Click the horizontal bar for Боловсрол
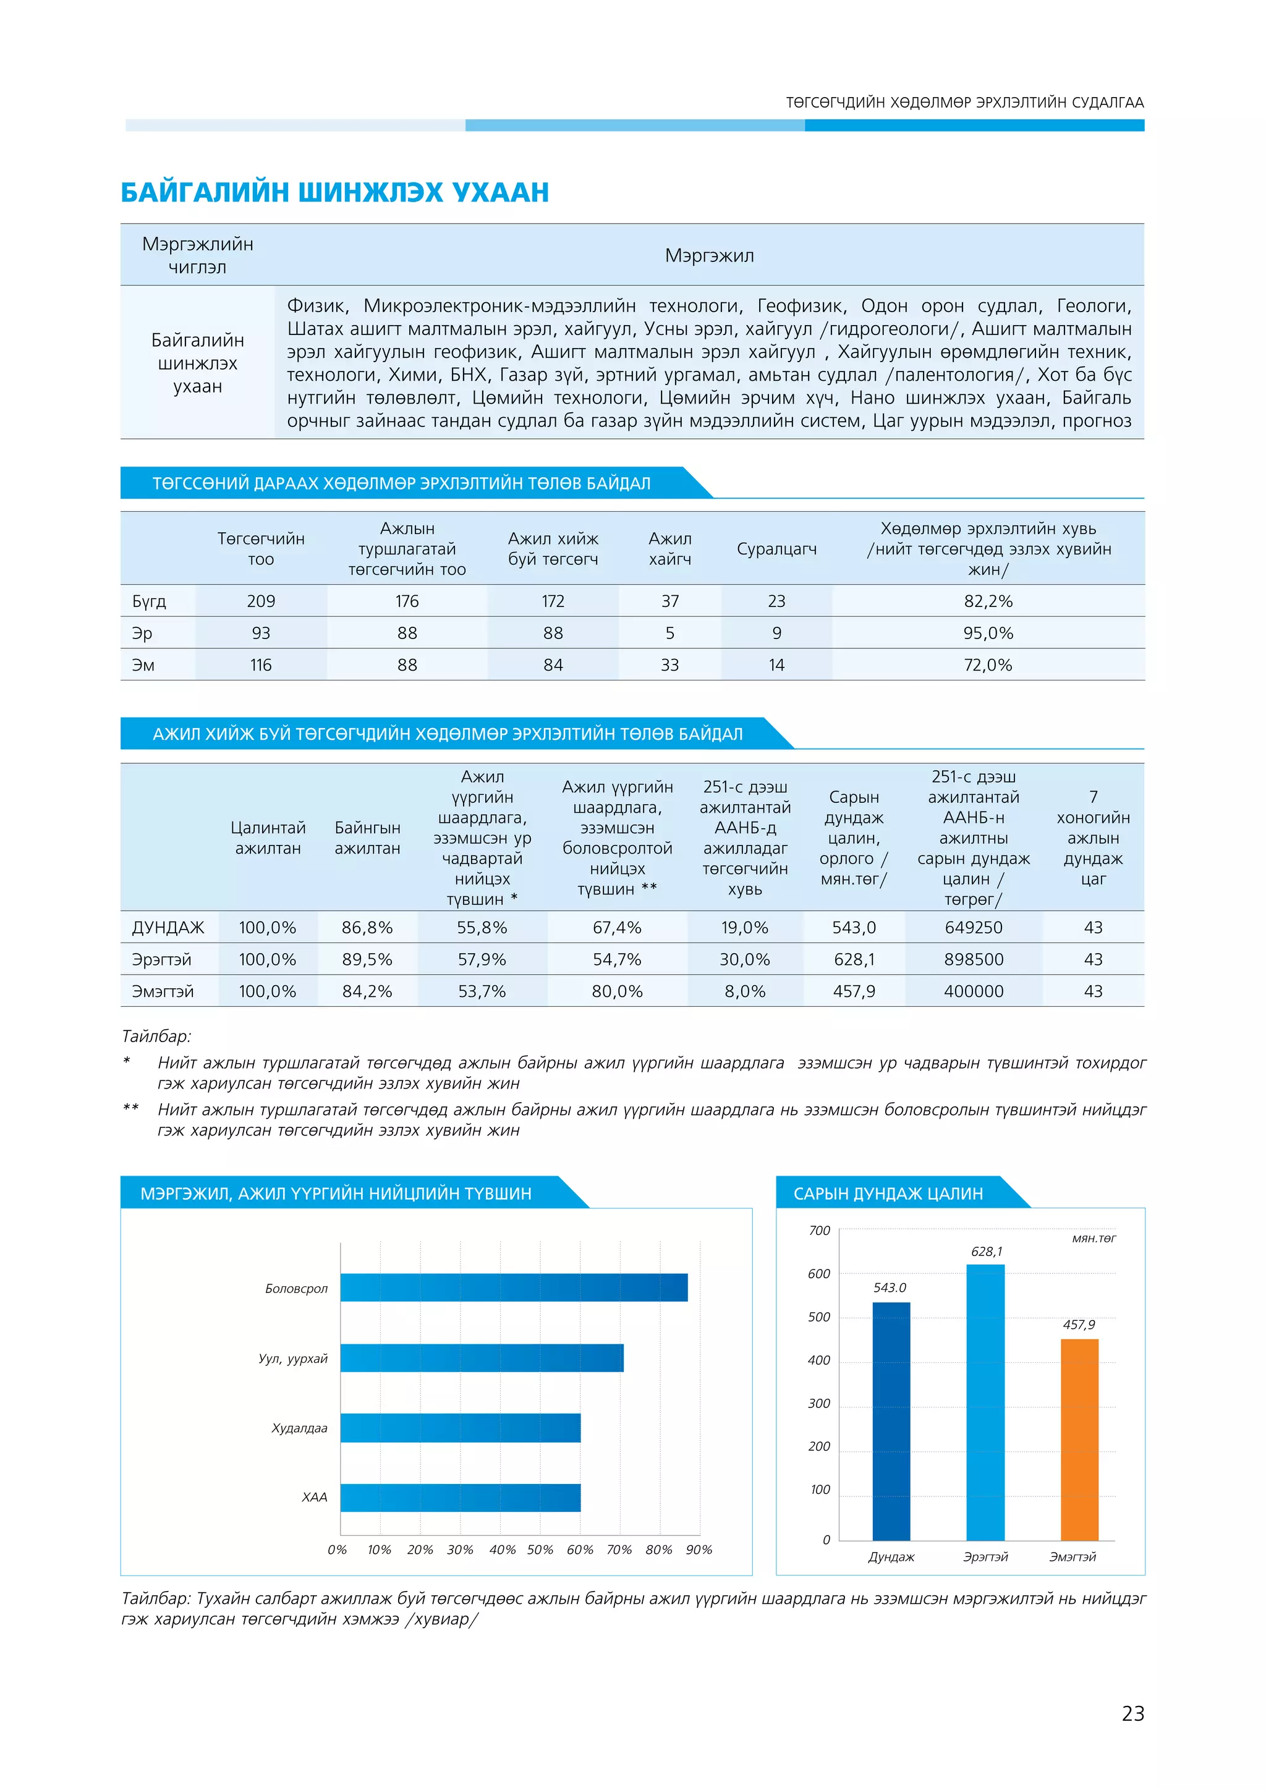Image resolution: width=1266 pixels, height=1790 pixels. tap(514, 1287)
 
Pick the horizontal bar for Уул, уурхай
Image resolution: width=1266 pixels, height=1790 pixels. tap(482, 1357)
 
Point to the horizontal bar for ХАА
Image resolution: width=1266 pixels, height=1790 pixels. tap(460, 1497)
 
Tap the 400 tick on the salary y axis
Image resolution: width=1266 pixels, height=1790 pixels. tap(818, 1360)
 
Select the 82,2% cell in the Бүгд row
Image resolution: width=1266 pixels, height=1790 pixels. tap(988, 601)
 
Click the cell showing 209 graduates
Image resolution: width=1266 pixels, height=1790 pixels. tap(260, 601)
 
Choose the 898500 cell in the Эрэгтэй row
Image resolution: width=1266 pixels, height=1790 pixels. tap(973, 960)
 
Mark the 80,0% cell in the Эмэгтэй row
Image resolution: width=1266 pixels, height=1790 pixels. tap(617, 991)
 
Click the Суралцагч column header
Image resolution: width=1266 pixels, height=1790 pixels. tap(776, 549)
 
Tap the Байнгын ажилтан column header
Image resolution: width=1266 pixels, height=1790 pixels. tap(367, 838)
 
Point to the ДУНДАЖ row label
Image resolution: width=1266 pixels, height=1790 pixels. tap(168, 928)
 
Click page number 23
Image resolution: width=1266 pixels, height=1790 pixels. tap(1132, 1713)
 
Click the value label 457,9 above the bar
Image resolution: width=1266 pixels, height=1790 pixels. tap(1079, 1325)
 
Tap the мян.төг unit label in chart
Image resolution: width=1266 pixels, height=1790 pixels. tap(1093, 1238)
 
